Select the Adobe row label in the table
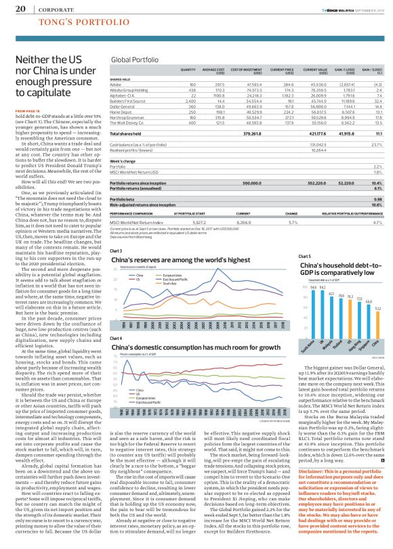[x=118, y=103]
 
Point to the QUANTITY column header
[x=188, y=88]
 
